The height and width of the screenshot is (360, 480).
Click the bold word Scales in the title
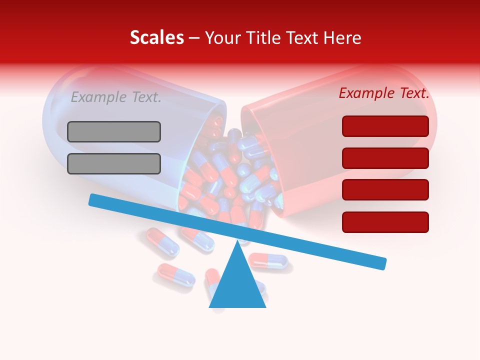[x=156, y=38]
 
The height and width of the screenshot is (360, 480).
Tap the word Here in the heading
[x=340, y=38]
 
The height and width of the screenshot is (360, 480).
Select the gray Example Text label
[x=116, y=97]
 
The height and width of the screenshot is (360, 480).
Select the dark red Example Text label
[x=384, y=93]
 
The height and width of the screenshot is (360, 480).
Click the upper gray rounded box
[x=114, y=131]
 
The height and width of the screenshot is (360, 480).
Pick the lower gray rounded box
[x=114, y=163]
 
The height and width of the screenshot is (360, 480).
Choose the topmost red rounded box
[x=385, y=126]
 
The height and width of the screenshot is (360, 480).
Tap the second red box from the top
[x=385, y=158]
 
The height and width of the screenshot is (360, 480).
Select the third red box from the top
[x=385, y=189]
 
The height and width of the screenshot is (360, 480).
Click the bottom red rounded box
[x=385, y=222]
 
